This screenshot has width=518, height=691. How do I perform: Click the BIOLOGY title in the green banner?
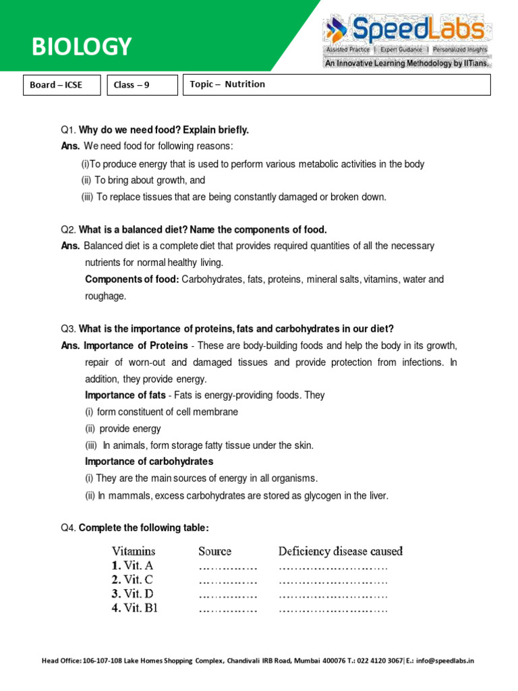point(82,47)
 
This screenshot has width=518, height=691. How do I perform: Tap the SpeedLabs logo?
point(405,31)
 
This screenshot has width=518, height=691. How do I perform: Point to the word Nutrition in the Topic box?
point(245,84)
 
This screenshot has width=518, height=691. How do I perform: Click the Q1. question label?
point(68,130)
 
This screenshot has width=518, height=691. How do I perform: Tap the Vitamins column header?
point(134,551)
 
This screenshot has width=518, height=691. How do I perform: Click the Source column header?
point(214,551)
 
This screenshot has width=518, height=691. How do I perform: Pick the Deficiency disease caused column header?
point(341,551)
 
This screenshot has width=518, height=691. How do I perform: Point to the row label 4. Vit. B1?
point(135,608)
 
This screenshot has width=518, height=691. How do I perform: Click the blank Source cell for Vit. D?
point(228,595)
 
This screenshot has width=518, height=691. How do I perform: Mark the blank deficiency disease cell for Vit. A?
point(333,567)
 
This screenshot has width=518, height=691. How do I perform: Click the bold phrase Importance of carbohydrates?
point(149,462)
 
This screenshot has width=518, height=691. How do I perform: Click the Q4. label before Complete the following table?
point(68,528)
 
